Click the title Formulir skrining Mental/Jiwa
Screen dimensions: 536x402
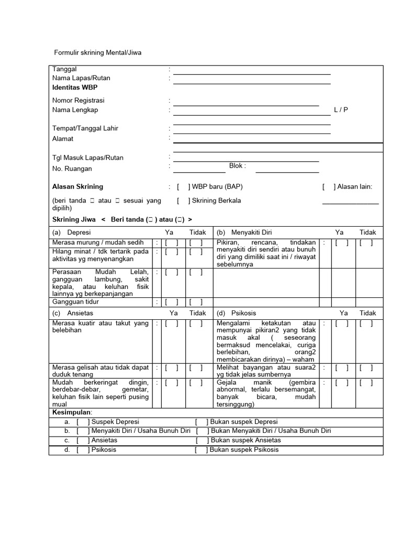[98, 52]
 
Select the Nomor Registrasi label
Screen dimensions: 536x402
[79, 100]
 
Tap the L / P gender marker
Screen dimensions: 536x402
[341, 110]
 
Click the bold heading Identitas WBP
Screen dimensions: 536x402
[75, 87]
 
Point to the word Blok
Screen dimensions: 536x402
[237, 166]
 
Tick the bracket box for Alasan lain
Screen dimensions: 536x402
[329, 187]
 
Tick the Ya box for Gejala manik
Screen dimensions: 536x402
[342, 383]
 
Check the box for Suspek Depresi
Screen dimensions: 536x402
[83, 422]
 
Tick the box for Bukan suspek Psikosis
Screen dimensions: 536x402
[201, 450]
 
